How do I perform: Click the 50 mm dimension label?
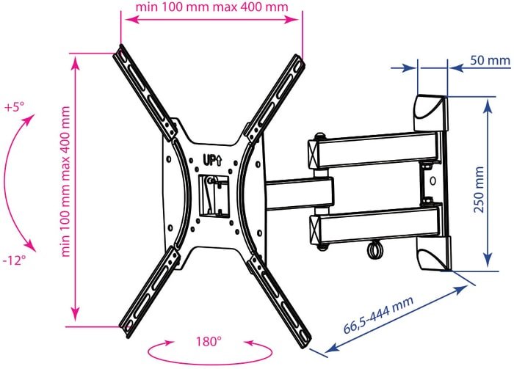pos(490,61)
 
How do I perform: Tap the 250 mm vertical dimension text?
pos(479,189)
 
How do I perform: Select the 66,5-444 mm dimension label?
pos(378,315)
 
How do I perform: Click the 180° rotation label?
pos(209,342)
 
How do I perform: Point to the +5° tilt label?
pos(15,107)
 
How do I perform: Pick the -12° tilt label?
pos(14,260)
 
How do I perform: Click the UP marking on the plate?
pos(212,161)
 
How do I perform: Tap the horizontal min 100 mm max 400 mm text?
pos(211,7)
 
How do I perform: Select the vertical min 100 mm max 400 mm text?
pos(66,181)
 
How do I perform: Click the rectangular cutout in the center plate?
pos(214,196)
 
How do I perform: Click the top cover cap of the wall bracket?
pos(431,113)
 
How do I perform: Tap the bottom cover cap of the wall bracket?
pos(433,253)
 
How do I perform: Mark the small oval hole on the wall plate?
pos(432,180)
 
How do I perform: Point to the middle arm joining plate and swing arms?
pos(300,194)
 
